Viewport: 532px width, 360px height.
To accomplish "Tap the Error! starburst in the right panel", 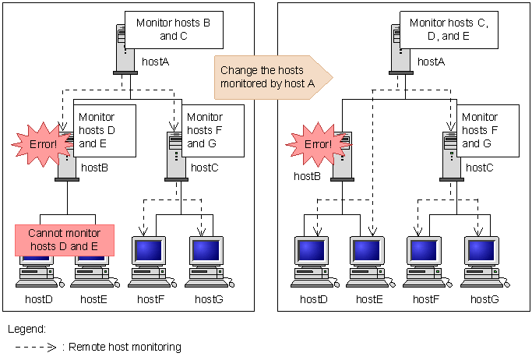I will click(x=311, y=143).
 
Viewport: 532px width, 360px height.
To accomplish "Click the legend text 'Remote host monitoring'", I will click(x=125, y=347).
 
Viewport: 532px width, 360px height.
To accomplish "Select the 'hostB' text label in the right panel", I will click(x=307, y=176).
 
